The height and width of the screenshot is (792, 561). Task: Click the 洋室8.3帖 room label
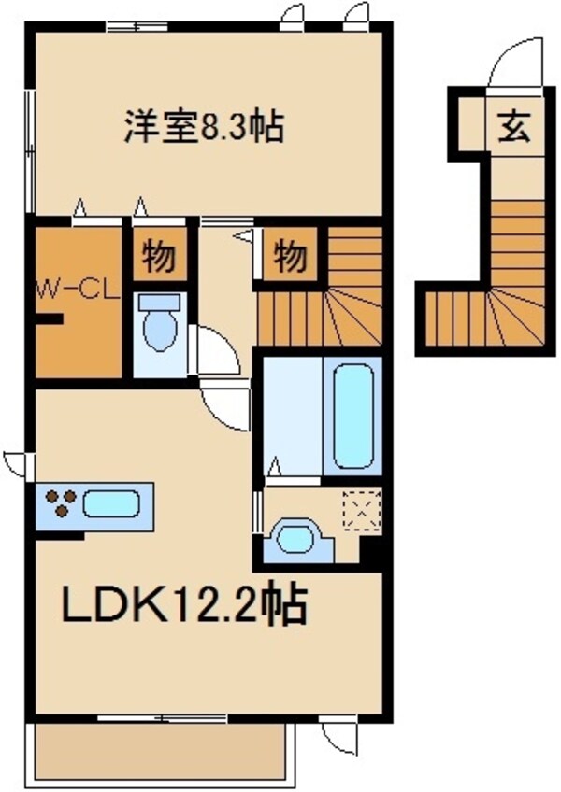pos(204,127)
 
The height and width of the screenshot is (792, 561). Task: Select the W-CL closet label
pos(77,290)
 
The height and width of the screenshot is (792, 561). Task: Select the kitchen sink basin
pos(110,505)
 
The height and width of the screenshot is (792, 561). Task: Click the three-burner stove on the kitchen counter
pos(61,504)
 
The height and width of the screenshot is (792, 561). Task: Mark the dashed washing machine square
pos(359,509)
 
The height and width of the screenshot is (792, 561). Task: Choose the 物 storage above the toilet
pos(159,254)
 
